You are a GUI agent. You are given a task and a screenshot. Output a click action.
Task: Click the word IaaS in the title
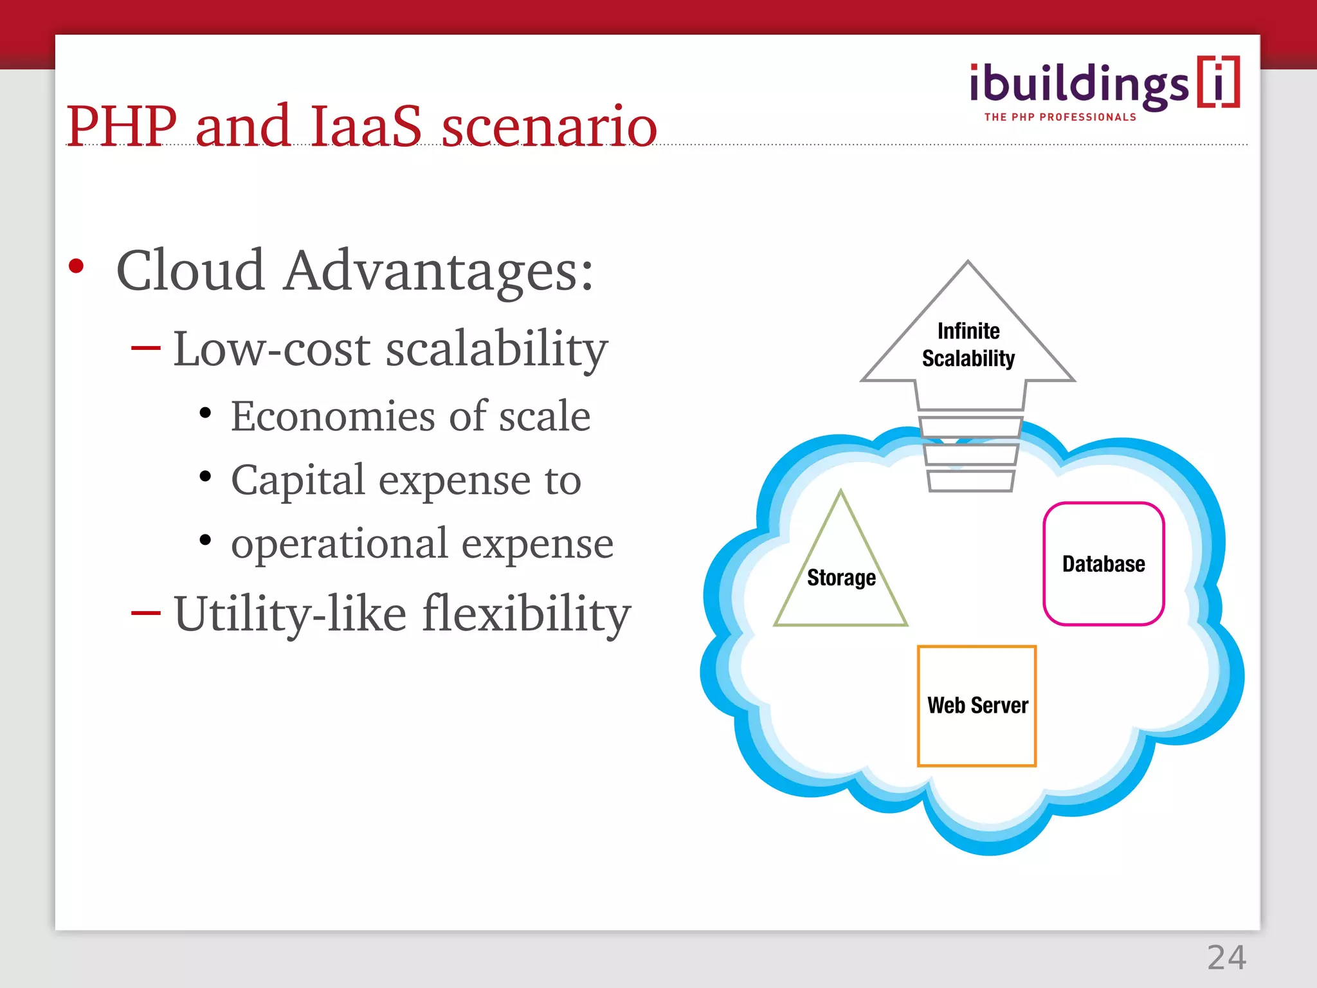pyautogui.click(x=365, y=126)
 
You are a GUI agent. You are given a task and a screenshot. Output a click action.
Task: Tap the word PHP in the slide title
pyautogui.click(x=122, y=126)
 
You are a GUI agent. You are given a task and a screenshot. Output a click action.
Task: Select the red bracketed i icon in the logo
pyautogui.click(x=1218, y=82)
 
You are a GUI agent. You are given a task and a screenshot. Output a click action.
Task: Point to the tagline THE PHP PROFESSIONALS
pyautogui.click(x=1060, y=117)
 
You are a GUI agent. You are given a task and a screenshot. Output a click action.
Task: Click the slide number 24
pyautogui.click(x=1226, y=958)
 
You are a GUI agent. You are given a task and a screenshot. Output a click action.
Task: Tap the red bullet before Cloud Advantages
pyautogui.click(x=77, y=266)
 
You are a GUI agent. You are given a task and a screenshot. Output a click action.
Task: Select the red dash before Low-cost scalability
pyautogui.click(x=145, y=349)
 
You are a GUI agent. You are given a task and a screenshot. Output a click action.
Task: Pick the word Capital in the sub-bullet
pyautogui.click(x=298, y=480)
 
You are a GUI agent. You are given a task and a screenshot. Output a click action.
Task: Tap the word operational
pyautogui.click(x=339, y=544)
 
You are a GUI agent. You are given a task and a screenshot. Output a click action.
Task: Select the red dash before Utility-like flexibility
pyautogui.click(x=145, y=613)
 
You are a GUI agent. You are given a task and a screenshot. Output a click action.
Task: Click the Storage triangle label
pyautogui.click(x=841, y=578)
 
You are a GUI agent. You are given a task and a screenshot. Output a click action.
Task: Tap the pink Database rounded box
pyautogui.click(x=1104, y=564)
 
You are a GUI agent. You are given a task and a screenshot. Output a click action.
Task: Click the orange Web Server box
pyautogui.click(x=977, y=706)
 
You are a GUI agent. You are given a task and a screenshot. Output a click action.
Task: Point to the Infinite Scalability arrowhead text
pyautogui.click(x=968, y=345)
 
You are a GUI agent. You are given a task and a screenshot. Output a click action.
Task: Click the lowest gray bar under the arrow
pyautogui.click(x=970, y=481)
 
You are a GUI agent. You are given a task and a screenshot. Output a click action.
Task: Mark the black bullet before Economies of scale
pyautogui.click(x=205, y=414)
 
